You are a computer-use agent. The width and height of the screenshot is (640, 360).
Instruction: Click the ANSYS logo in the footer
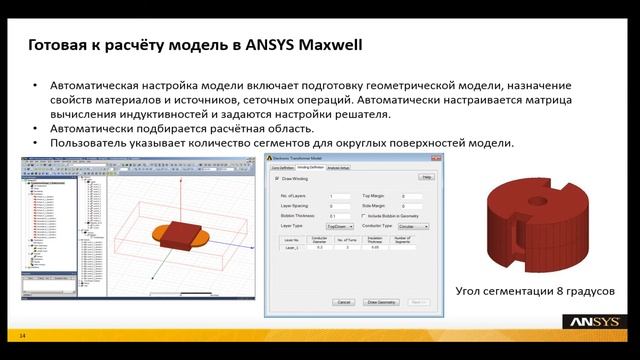click(597, 322)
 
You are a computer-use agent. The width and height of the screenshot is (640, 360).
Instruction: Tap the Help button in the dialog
click(425, 177)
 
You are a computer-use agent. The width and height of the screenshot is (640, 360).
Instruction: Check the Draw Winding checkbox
click(278, 179)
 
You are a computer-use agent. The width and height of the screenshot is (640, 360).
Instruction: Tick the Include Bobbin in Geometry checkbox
click(362, 216)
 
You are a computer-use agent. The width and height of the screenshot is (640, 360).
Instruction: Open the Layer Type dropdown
click(342, 227)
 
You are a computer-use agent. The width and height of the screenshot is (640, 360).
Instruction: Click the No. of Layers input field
click(340, 196)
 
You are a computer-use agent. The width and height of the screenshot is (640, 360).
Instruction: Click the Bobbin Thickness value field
click(340, 216)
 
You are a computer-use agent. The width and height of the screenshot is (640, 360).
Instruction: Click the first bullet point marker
click(36, 87)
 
